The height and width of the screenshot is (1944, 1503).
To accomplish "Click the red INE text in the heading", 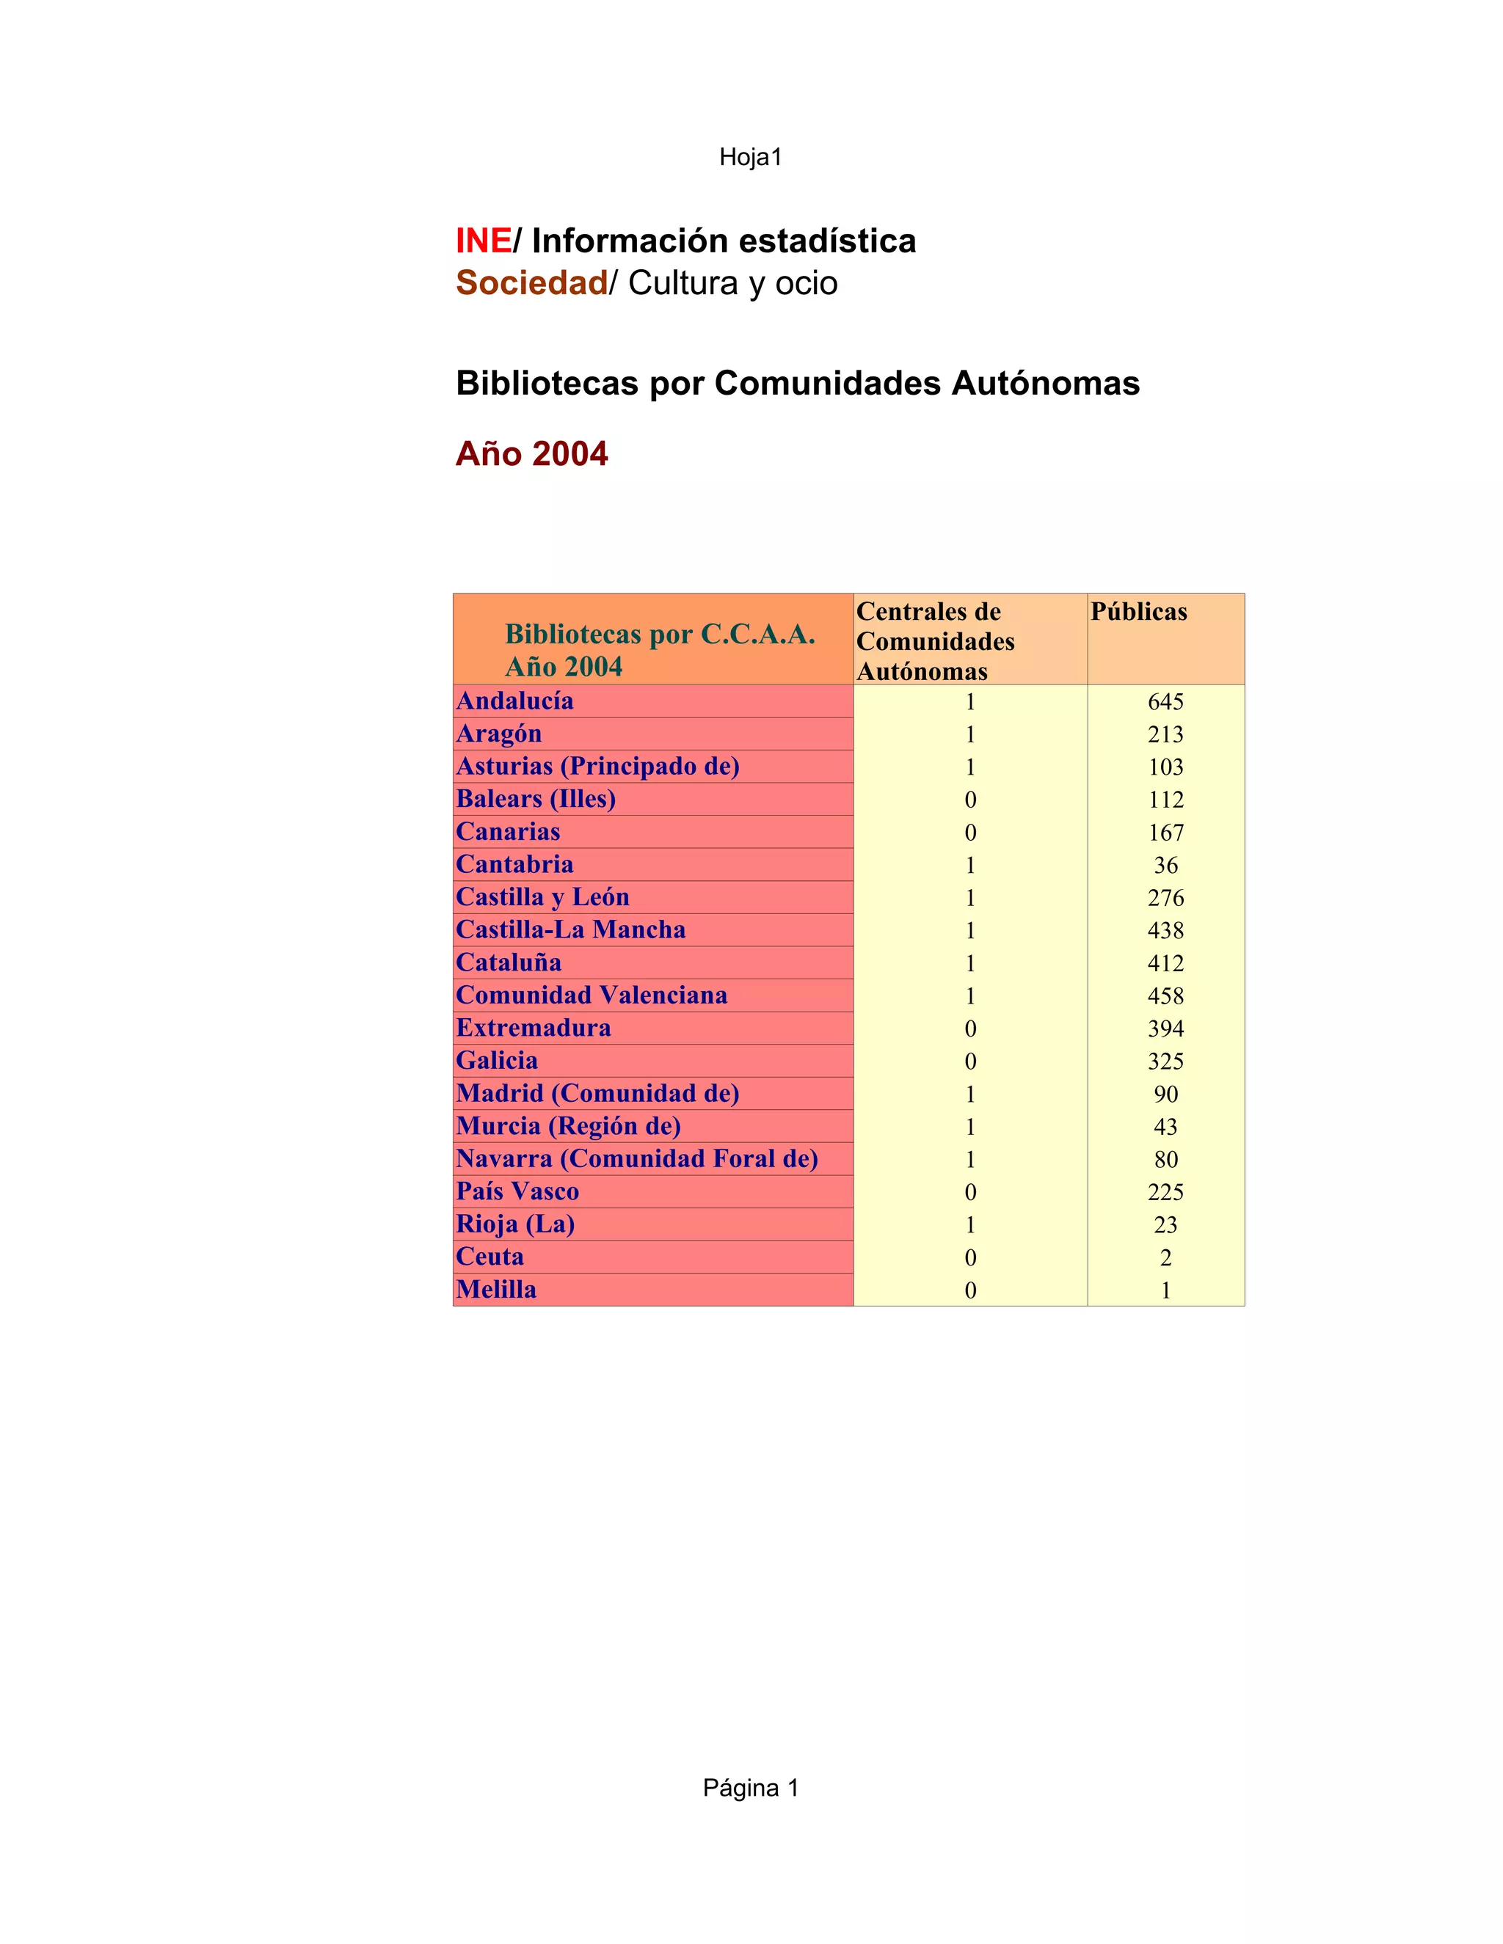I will [483, 241].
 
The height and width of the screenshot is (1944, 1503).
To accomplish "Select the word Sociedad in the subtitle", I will [531, 283].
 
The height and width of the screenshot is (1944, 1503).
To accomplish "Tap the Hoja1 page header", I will [750, 158].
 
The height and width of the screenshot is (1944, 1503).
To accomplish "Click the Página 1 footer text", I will [750, 1788].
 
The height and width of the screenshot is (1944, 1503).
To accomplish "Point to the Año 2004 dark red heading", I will [531, 454].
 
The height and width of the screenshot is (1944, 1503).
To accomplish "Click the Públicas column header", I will [1139, 613].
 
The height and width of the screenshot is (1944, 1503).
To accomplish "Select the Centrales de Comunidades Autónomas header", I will [935, 641].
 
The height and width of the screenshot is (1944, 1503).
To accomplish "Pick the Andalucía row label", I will [514, 701].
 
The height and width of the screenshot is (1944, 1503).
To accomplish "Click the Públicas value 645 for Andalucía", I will [1165, 702].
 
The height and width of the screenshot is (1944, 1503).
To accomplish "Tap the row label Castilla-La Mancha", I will [571, 930].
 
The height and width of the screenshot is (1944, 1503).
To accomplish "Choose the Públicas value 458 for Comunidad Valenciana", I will [1165, 996].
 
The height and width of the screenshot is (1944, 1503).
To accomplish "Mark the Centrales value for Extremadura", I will [970, 1029].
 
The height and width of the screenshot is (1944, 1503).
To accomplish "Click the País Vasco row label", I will [517, 1192].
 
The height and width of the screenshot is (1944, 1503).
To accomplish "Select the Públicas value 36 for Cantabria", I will [1165, 865].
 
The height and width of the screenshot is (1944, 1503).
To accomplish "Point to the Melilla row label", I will [496, 1290].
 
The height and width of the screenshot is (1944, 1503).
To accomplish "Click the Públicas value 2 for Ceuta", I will [1165, 1257].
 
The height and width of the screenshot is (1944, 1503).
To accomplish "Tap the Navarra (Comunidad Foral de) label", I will [636, 1159].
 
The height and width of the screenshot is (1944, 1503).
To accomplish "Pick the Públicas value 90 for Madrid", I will [1165, 1094].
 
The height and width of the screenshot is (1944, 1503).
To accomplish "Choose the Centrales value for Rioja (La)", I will [970, 1225].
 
